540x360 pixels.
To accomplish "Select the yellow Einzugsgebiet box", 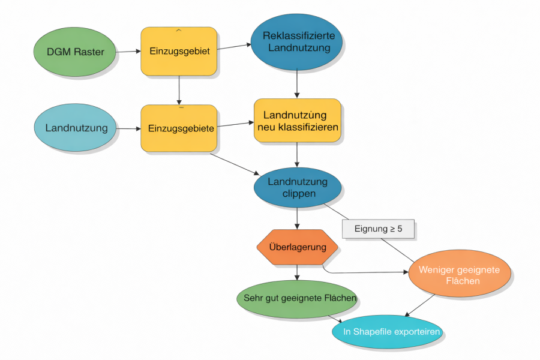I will point(179,51).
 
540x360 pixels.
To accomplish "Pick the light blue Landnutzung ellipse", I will point(76,128).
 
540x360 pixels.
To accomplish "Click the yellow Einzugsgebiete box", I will point(178,128).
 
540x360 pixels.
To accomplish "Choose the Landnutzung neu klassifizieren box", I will point(298,121).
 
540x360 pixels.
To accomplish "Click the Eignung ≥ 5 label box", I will point(378,229).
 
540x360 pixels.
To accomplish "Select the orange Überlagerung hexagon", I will point(298,247).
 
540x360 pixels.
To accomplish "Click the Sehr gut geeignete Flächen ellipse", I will point(296,298).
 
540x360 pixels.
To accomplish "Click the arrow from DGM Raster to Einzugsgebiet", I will point(128,52).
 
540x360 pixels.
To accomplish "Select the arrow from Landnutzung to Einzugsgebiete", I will point(128,128).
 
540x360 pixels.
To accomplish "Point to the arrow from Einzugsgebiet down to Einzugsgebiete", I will point(179,90).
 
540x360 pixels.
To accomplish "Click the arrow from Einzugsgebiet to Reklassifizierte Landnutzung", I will point(234,47).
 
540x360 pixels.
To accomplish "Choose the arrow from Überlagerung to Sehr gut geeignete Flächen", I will point(298,273).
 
